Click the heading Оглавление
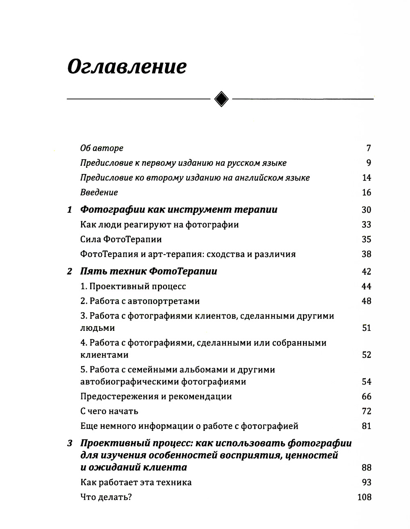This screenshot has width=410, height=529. [127, 66]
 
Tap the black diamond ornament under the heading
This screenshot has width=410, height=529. [222, 98]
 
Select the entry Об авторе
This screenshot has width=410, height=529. [102, 148]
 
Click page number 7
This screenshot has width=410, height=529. [368, 148]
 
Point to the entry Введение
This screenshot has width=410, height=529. [99, 192]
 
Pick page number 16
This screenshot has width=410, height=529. [366, 192]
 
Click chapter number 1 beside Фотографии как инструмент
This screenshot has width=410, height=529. [69, 210]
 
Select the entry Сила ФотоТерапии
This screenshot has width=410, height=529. [121, 239]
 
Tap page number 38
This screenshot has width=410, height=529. [366, 254]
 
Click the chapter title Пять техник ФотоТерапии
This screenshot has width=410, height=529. [148, 271]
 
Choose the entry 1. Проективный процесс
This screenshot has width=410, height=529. [133, 286]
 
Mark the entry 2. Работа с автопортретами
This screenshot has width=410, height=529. [140, 301]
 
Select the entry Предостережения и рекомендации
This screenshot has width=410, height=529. [156, 396]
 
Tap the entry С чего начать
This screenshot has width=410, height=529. [109, 411]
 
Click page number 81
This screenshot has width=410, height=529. [366, 426]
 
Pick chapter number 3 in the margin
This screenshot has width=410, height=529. [69, 444]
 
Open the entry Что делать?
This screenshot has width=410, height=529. [106, 497]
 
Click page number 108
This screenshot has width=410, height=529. [364, 497]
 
